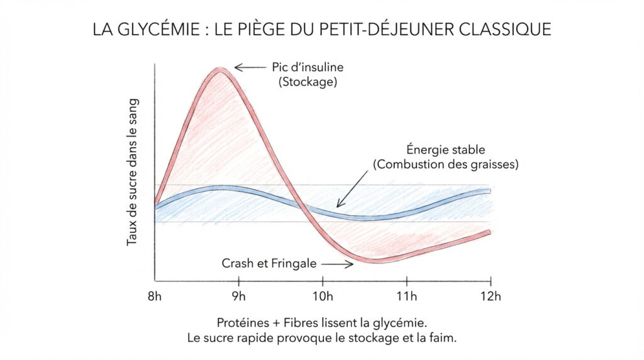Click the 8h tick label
point(155,296)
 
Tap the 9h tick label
point(238,296)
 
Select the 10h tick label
point(323,296)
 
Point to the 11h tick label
point(406,296)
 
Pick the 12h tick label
point(490,296)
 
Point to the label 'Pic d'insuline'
point(299,67)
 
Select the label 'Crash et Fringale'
point(269,263)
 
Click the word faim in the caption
point(441,337)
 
